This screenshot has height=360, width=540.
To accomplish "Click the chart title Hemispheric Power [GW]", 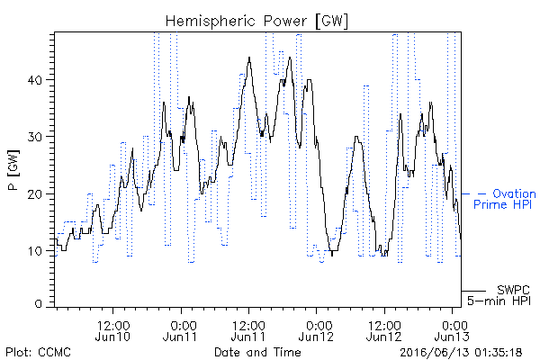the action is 256,22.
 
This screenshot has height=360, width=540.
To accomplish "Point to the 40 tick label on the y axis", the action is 34,80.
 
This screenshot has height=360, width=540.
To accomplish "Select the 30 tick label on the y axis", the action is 34,137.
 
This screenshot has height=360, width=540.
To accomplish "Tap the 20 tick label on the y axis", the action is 34,194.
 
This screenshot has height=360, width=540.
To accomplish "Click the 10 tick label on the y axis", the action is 34,251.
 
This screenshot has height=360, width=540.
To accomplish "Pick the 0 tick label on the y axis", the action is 38,304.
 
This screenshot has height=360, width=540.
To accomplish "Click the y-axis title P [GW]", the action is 13,170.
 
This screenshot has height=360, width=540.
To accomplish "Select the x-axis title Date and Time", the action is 257,352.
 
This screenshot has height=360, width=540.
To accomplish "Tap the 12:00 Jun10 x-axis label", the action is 113,330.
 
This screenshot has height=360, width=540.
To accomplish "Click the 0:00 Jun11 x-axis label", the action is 180,330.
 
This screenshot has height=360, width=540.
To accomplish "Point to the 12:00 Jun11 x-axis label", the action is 248,330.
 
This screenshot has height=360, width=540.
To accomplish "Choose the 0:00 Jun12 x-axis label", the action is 316,330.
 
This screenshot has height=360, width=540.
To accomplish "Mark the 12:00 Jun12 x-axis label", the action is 384,330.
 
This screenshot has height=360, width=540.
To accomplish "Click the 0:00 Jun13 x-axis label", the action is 452,330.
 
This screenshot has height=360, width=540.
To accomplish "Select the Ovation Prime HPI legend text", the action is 505,199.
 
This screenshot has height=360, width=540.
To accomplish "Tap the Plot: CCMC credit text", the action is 38,352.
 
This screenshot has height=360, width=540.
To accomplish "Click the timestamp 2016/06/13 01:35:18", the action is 461,353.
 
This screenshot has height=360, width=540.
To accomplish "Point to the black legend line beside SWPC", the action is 473,291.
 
